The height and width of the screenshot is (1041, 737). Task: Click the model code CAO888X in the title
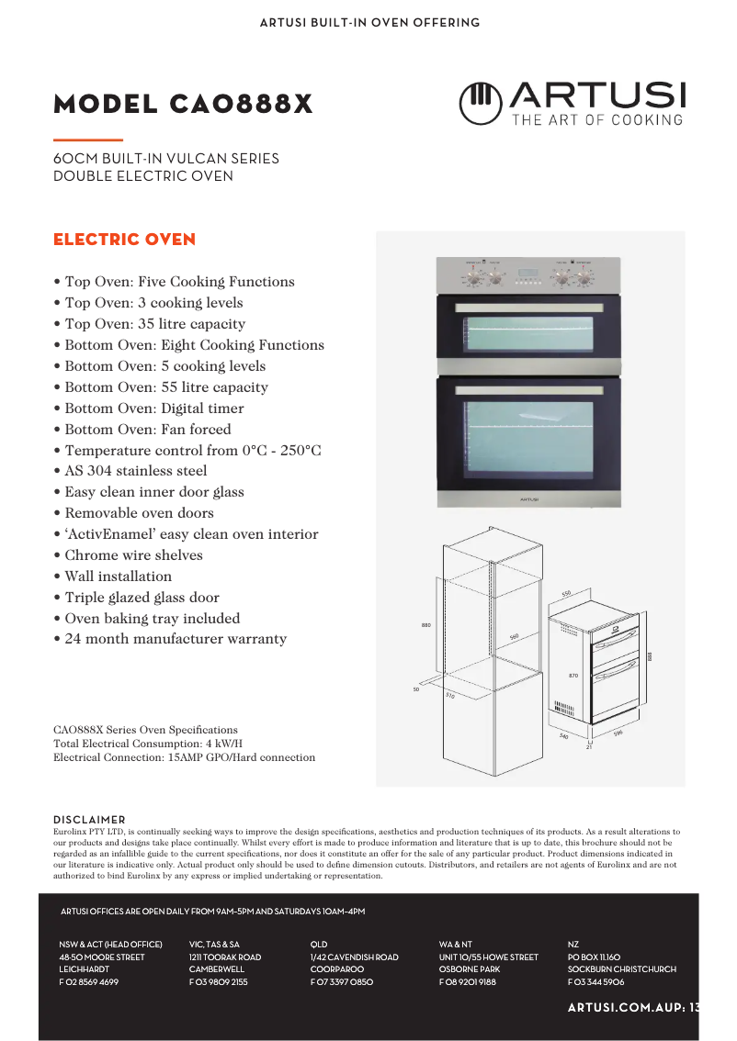241,105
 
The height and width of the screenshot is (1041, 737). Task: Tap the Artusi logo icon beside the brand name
479,103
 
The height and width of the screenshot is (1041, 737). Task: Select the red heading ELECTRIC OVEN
124,240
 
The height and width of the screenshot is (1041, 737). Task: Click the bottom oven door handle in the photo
528,390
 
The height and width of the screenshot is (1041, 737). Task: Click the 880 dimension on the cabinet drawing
426,625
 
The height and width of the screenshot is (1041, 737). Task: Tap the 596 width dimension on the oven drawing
618,733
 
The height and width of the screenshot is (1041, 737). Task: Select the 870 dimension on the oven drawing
573,676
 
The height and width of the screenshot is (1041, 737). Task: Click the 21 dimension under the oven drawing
589,747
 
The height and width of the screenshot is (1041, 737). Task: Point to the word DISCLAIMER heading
89,820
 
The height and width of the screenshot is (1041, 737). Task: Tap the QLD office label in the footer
319,944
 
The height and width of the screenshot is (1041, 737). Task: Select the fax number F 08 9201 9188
467,982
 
